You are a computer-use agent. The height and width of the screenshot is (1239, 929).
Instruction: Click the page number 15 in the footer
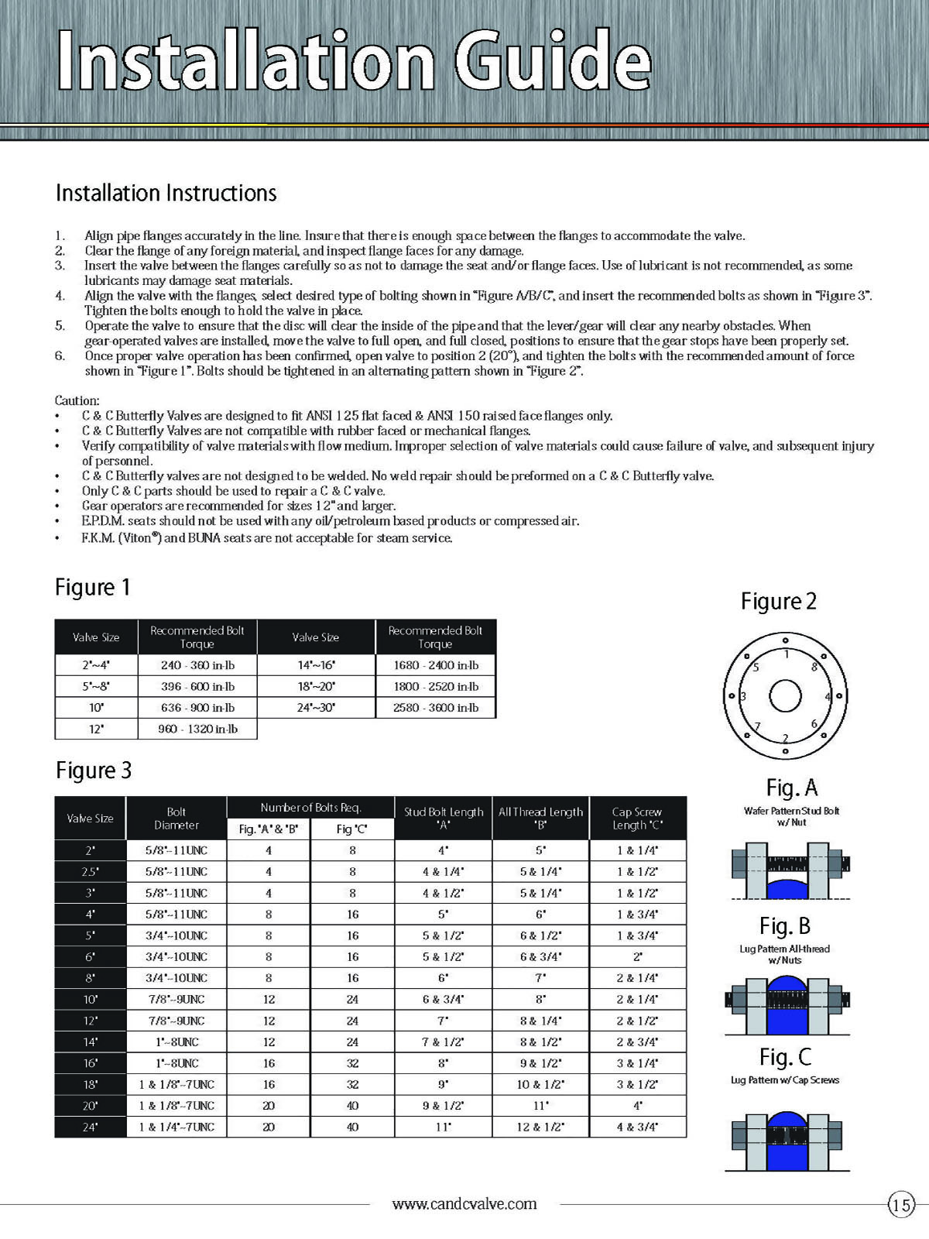[901, 1205]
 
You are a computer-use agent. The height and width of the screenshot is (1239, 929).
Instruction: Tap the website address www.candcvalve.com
[464, 1204]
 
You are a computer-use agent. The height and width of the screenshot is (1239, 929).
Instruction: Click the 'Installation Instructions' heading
[166, 193]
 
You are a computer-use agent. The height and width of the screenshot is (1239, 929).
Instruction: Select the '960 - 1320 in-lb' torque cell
[197, 729]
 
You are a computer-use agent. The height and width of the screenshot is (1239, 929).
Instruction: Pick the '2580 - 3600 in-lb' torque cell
[436, 708]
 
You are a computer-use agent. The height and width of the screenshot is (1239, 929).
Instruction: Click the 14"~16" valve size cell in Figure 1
[316, 665]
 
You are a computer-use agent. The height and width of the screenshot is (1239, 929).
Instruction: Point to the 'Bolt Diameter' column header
[177, 819]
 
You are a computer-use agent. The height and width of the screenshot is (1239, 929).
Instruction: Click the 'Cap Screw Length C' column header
[637, 819]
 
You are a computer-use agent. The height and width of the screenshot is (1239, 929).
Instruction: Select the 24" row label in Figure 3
[91, 1127]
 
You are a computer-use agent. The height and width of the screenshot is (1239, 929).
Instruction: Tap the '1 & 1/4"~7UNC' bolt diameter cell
[177, 1127]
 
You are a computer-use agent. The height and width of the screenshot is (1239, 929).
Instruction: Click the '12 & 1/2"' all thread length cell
[540, 1127]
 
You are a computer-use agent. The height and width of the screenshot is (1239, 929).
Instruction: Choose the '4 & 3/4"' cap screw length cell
[637, 1127]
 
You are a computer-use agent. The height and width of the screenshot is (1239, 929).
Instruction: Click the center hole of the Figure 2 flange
[785, 695]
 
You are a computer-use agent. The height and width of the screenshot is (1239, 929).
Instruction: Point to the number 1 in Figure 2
[787, 654]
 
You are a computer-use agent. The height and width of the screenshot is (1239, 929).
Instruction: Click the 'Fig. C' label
[785, 1057]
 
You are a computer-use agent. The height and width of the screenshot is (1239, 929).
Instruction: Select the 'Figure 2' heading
[778, 602]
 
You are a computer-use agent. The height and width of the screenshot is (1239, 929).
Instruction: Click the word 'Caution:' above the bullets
[77, 400]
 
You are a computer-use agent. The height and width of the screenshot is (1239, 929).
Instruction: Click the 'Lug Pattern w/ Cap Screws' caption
[784, 1079]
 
